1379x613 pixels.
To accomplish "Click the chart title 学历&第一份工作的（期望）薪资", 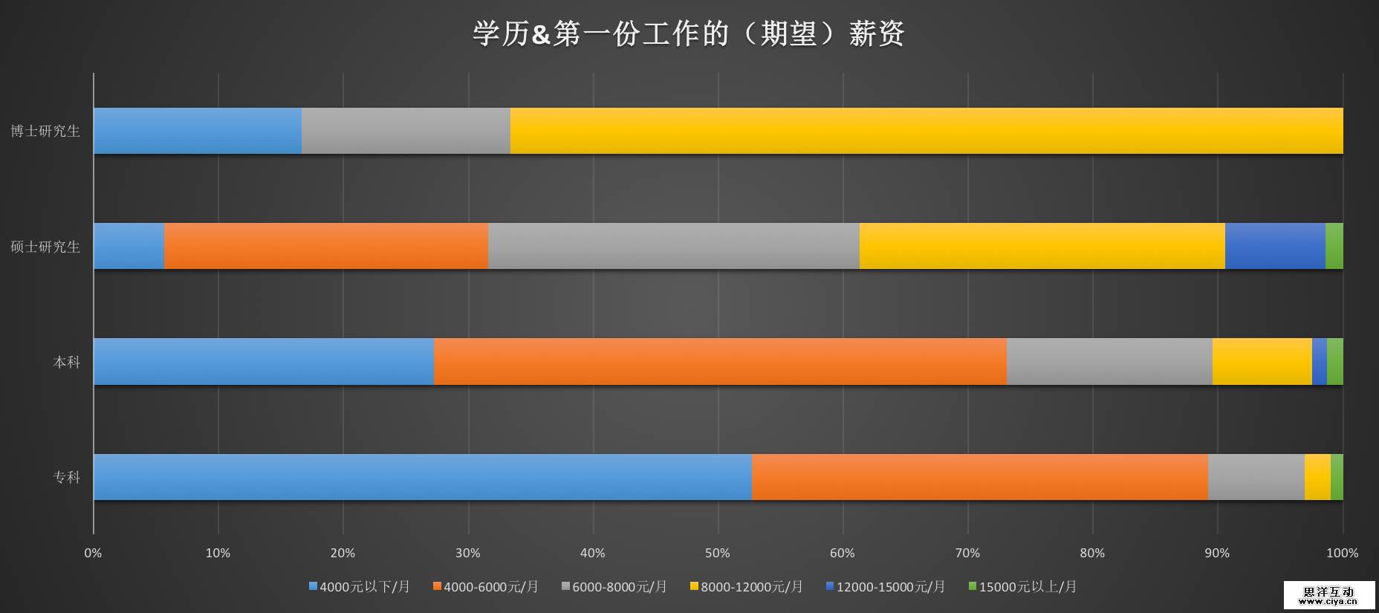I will pos(688,33).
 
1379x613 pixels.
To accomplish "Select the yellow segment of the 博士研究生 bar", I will pos(926,131).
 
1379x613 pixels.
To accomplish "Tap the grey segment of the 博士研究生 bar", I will pos(406,131).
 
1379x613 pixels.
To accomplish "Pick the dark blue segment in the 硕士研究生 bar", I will pos(1275,246).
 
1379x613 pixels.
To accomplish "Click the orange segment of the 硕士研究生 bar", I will pos(325,246).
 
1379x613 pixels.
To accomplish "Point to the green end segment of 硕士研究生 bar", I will pos(1334,246).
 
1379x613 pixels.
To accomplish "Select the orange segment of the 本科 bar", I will pos(719,362).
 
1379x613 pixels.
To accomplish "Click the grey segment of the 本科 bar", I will pos(1109,362).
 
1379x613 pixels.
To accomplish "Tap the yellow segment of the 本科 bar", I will pos(1262,362).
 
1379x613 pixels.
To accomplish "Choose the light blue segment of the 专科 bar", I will pos(422,477).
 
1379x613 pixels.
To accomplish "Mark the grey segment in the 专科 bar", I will pos(1256,477).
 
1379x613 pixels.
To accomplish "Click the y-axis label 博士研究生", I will pos(45,132).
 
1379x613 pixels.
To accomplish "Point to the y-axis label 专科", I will pos(67,477).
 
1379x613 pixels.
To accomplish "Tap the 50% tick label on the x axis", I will pos(718,554).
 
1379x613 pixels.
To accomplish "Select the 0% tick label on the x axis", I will pos(93,554).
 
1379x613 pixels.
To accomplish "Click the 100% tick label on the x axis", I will pos(1342,554).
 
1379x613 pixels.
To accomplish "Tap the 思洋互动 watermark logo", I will pos(1329,594).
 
